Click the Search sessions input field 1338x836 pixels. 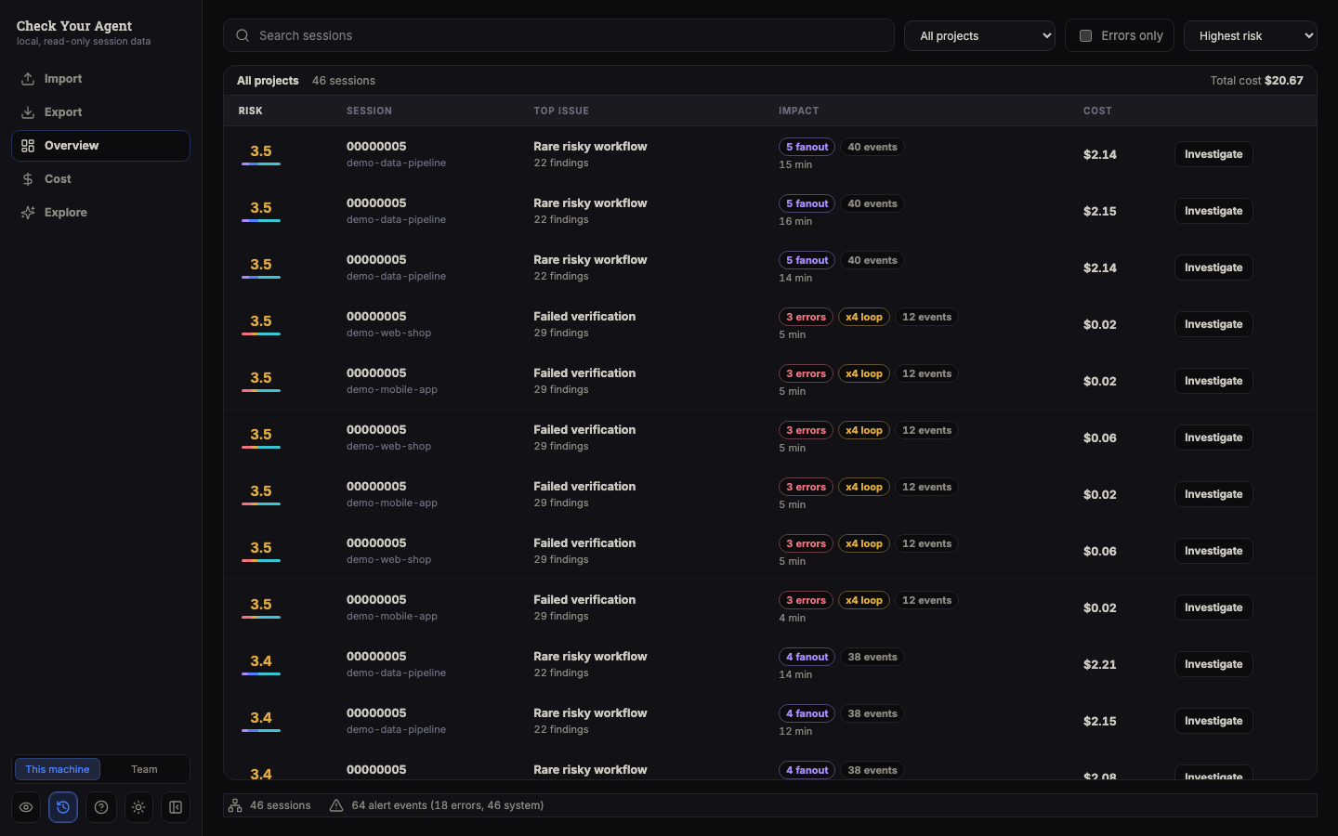click(x=558, y=36)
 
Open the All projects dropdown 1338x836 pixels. click(x=979, y=36)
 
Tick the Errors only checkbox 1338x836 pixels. click(x=1085, y=36)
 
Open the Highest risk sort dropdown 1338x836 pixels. click(x=1251, y=36)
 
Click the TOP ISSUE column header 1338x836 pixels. click(x=561, y=111)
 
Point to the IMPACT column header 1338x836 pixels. click(x=798, y=111)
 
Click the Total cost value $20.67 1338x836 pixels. click(x=1284, y=81)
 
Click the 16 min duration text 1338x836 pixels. click(x=795, y=221)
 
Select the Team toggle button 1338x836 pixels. click(x=144, y=769)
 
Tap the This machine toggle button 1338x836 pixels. click(x=58, y=769)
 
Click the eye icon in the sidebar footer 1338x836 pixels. click(x=26, y=807)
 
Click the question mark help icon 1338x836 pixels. click(x=101, y=807)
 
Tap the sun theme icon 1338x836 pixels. click(x=138, y=807)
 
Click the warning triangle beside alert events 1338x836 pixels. click(x=336, y=805)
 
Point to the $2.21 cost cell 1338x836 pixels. click(x=1100, y=665)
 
